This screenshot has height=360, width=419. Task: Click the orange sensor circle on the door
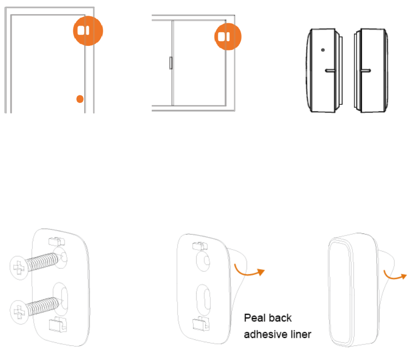(x=87, y=30)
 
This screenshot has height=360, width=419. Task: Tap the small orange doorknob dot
(x=80, y=98)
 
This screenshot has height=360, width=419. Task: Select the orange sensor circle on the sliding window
(x=225, y=36)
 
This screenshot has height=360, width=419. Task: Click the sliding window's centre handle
(x=170, y=63)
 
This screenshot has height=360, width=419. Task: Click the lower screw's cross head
(x=19, y=308)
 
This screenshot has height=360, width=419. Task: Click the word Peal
(x=254, y=319)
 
